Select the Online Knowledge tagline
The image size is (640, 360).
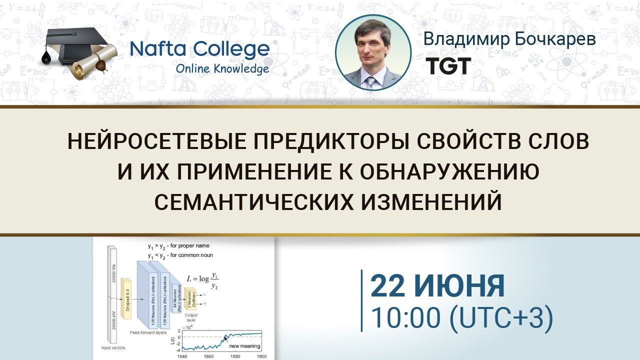pos(222,68)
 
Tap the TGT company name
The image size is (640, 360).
pos(447,65)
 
